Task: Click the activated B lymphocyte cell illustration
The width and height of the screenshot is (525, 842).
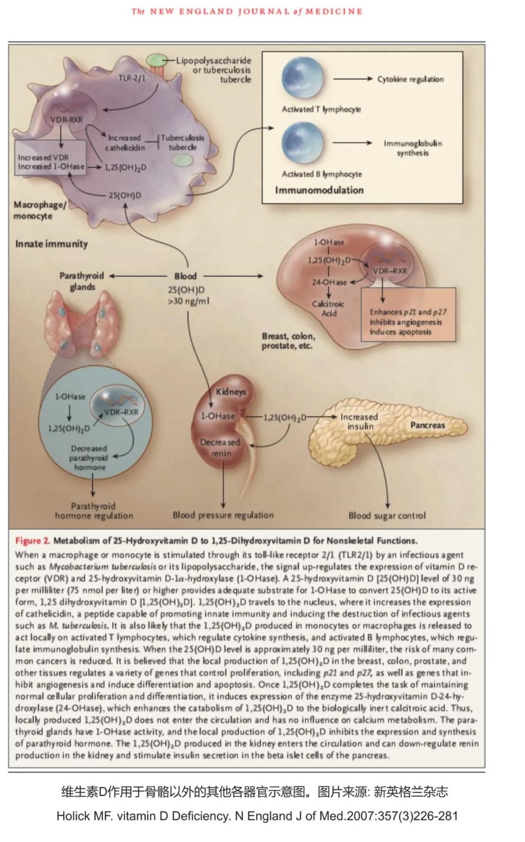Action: [x=302, y=143]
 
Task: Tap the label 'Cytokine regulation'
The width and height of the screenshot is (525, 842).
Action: [x=410, y=79]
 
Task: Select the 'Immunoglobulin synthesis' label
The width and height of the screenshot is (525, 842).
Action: [x=413, y=148]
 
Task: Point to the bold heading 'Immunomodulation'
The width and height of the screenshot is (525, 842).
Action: [x=319, y=190]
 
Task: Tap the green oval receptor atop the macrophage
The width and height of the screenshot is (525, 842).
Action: [x=157, y=60]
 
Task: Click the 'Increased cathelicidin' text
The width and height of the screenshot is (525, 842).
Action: [x=124, y=143]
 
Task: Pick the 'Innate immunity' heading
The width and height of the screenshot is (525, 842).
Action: [x=52, y=244]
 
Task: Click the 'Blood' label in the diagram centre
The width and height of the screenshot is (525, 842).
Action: [x=185, y=276]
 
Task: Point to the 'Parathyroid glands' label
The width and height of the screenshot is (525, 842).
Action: [x=82, y=281]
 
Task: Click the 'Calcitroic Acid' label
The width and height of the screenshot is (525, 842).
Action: [x=328, y=308]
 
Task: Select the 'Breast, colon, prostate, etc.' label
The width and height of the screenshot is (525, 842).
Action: [x=288, y=341]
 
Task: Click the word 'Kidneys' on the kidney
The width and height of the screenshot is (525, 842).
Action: [x=231, y=392]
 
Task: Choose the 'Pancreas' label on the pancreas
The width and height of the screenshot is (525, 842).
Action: [x=427, y=425]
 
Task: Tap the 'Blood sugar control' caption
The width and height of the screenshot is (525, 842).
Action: [x=386, y=516]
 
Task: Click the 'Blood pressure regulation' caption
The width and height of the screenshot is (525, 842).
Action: [x=223, y=515]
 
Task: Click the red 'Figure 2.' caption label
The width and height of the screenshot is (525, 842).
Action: [x=33, y=541]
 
